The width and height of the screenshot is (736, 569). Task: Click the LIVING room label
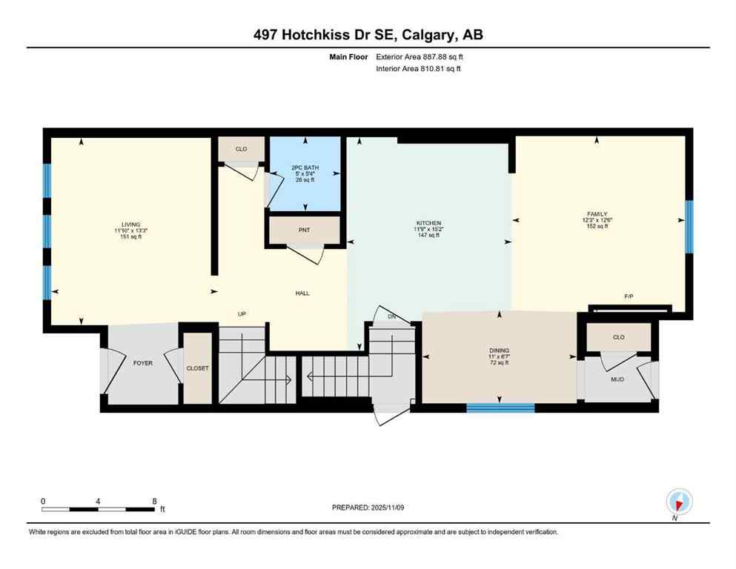point(131,224)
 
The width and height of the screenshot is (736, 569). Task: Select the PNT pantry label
point(304,230)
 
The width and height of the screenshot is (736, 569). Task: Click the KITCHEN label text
point(428,223)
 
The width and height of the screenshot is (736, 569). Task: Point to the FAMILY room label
point(596,213)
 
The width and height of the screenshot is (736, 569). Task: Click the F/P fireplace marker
point(628,296)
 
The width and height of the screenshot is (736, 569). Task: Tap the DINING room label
point(499,350)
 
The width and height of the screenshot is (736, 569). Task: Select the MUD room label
point(617,379)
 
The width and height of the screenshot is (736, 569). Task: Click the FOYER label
point(142,363)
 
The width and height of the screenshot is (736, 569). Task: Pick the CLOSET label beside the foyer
point(198,368)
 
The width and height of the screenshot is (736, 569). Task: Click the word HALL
point(302,293)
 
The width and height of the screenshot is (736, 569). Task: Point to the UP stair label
point(241,314)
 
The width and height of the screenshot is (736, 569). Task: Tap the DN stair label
point(393,316)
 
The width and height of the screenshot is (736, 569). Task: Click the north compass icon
point(678,502)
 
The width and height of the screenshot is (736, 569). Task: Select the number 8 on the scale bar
point(153,501)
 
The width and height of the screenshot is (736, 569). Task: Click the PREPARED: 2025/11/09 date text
point(368,508)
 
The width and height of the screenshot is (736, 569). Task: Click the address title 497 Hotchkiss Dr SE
point(368,35)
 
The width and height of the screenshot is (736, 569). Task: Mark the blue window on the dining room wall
point(500,407)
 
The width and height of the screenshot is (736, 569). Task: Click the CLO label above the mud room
point(618,337)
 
